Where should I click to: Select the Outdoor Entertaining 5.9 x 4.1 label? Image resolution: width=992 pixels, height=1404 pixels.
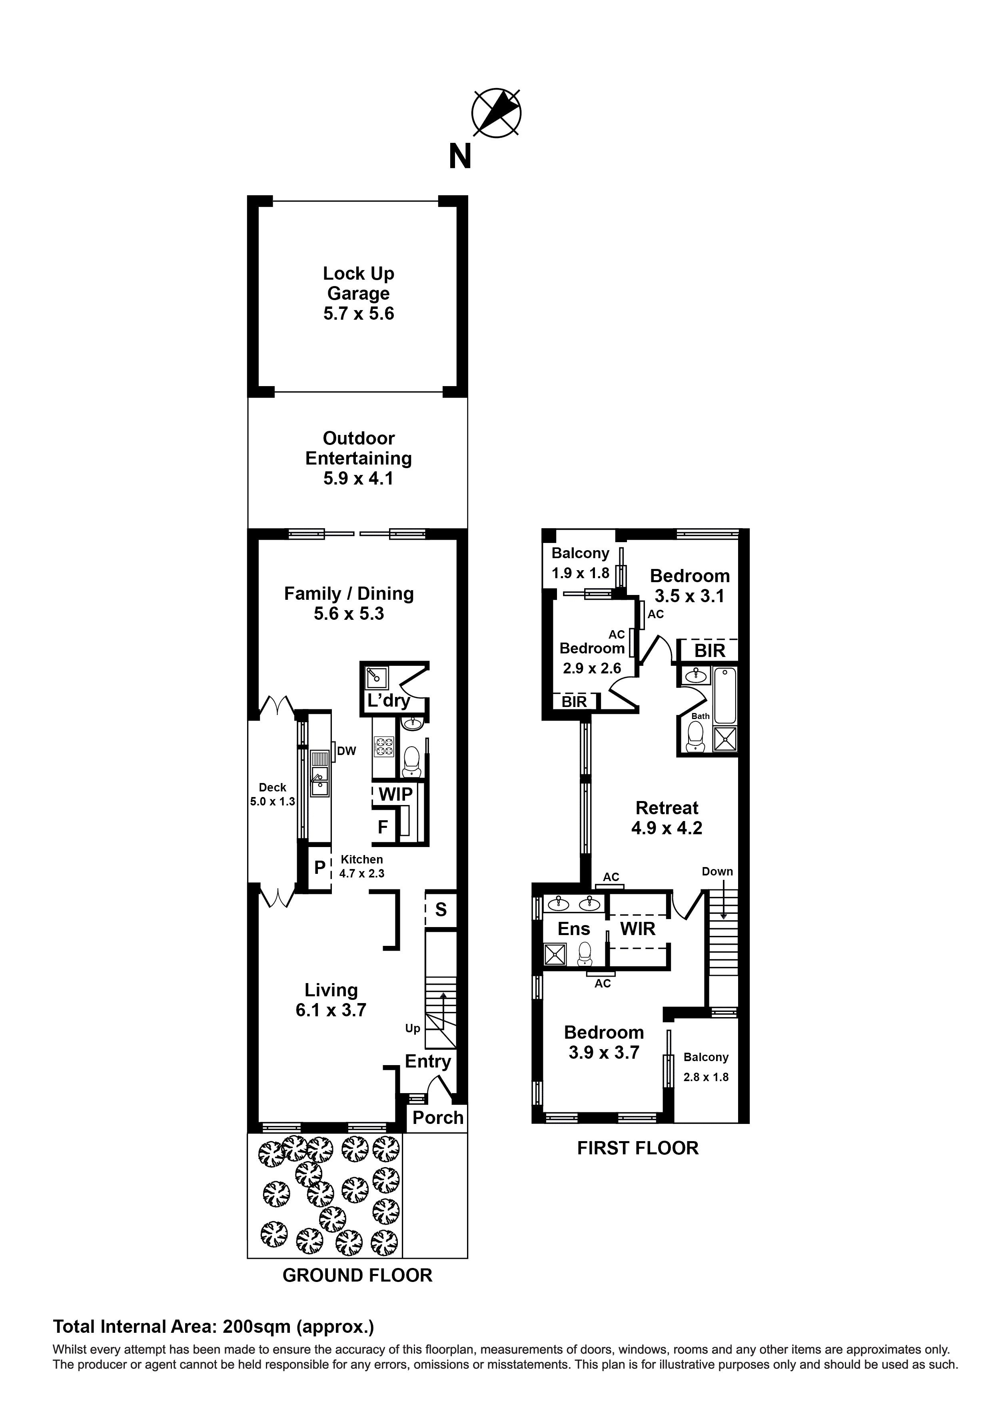(x=359, y=458)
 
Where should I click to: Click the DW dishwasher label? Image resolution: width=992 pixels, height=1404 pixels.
(x=347, y=751)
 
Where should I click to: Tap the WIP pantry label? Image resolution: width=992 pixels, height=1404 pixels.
(x=395, y=794)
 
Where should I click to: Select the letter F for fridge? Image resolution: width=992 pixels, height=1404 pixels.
(x=383, y=827)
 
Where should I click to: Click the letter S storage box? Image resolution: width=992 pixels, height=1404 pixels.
(x=441, y=909)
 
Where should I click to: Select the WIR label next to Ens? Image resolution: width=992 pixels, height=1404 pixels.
(x=637, y=929)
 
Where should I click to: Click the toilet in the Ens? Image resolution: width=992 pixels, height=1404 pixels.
(x=585, y=953)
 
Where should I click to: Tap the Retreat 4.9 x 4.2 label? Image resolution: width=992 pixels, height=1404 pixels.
(x=667, y=817)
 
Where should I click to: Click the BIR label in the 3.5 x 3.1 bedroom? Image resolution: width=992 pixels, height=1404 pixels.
(x=710, y=650)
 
